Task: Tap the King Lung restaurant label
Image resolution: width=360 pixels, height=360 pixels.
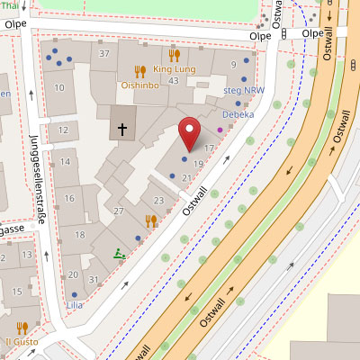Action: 174,68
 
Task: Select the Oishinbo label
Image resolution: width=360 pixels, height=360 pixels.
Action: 140,85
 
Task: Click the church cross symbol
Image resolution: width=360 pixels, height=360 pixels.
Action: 121,130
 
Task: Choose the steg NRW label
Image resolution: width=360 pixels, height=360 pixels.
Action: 245,90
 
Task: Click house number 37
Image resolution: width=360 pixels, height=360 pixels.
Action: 104,54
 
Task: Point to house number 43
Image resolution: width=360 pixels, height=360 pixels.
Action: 174,82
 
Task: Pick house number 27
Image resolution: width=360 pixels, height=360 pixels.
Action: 117,211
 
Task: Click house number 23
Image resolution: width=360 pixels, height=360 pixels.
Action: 158,200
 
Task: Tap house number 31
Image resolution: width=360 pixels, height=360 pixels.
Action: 94,280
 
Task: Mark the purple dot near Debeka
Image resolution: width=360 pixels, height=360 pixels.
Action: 220,130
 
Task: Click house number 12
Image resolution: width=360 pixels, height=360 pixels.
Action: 62,130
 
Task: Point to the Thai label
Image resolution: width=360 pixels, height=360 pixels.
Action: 9,5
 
